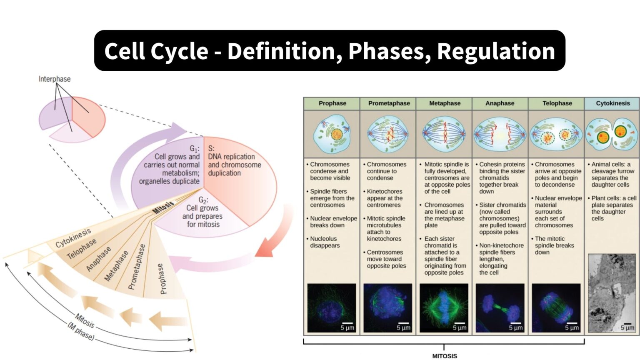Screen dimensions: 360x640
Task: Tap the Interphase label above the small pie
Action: (x=55, y=79)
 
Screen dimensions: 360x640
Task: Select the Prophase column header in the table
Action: (x=332, y=103)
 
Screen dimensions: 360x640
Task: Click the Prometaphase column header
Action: (x=389, y=103)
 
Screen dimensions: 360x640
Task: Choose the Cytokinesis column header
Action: (x=612, y=103)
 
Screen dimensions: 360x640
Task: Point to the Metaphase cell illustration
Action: (x=445, y=134)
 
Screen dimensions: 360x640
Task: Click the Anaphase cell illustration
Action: (x=500, y=134)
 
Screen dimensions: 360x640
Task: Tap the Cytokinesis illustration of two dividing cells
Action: (x=612, y=134)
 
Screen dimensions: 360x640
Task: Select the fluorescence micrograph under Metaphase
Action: (x=444, y=307)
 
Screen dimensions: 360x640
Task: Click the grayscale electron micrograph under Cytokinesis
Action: (x=612, y=293)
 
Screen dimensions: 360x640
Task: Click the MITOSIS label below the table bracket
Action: (x=444, y=356)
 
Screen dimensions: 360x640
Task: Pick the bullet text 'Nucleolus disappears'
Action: (x=325, y=242)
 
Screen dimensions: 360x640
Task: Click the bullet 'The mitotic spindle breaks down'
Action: (x=554, y=245)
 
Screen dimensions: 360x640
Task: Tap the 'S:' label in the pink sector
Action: (x=211, y=148)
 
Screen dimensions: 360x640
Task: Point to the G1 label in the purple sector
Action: (x=194, y=149)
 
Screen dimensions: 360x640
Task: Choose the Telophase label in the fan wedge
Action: (x=82, y=248)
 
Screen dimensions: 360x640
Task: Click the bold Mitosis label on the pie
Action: (x=163, y=207)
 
